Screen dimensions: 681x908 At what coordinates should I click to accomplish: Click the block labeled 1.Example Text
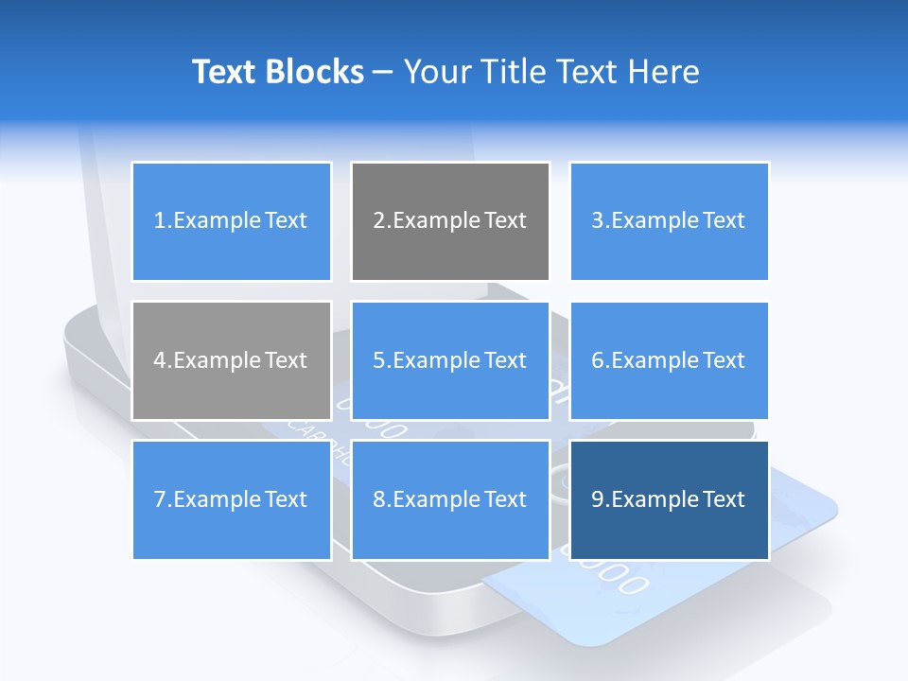pos(231,221)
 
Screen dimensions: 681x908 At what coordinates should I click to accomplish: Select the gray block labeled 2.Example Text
pos(450,221)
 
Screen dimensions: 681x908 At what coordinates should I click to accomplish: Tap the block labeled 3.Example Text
pos(669,221)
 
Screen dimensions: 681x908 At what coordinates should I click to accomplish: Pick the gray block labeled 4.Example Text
pos(231,360)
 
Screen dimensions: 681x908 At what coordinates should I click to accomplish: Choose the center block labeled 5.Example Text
pos(450,360)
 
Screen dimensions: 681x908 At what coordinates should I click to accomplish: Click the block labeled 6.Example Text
pos(669,360)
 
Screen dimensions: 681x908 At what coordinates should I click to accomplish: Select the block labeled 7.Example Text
pos(231,499)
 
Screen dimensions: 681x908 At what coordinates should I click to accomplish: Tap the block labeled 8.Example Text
pos(450,499)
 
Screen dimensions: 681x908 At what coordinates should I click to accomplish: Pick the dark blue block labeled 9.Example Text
pos(669,499)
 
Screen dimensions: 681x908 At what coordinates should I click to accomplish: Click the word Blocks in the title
pos(317,72)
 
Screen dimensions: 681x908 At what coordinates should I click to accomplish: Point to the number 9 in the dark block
pos(597,499)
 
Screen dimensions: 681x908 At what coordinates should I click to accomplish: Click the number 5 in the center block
pos(378,360)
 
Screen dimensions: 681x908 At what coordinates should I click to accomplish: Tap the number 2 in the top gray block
pos(378,221)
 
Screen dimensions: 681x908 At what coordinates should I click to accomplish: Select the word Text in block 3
pos(725,221)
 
